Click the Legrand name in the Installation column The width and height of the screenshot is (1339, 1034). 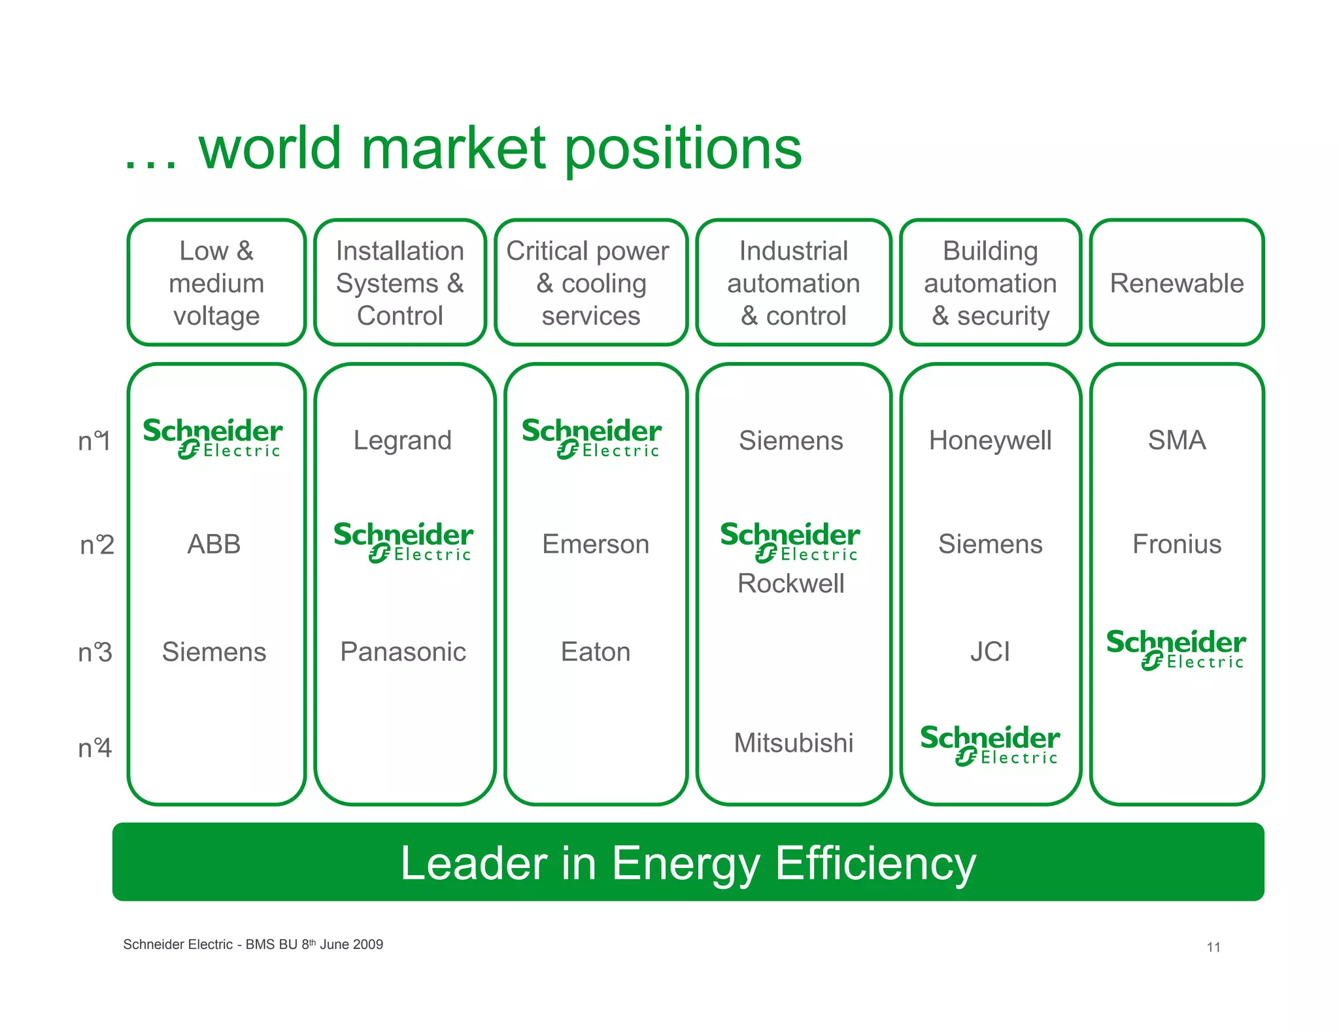(402, 441)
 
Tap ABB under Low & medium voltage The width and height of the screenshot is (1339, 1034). (214, 544)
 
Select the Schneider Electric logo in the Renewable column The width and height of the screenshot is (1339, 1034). (1176, 649)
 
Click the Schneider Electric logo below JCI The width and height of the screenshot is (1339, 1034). (989, 744)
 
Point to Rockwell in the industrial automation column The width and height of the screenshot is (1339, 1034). (790, 584)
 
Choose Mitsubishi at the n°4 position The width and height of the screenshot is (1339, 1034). (793, 743)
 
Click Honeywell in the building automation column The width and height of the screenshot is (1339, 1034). (990, 441)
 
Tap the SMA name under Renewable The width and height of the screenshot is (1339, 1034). (1176, 441)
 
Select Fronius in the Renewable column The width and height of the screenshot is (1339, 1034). (1176, 544)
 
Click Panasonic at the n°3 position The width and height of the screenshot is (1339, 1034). (403, 652)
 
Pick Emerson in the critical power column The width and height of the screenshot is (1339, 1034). (595, 544)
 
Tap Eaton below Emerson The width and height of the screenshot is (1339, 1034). (595, 652)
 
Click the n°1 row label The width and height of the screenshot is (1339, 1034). (94, 442)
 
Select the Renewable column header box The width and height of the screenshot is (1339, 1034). (1176, 283)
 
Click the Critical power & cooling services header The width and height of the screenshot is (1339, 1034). (590, 283)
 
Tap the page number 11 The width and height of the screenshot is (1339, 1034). (1213, 947)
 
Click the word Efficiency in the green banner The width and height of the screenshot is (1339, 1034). (875, 863)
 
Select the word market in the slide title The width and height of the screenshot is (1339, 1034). (452, 148)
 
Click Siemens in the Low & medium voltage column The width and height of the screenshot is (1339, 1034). (214, 652)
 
